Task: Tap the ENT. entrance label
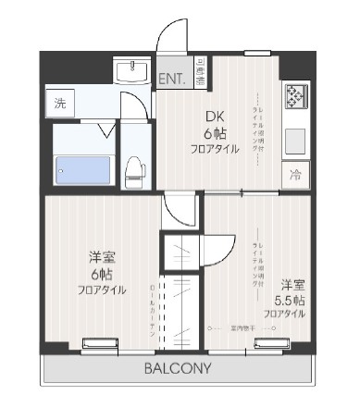[172, 80]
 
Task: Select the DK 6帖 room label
[214, 131]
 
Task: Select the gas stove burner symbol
[296, 96]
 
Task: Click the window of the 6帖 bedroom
[106, 344]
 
